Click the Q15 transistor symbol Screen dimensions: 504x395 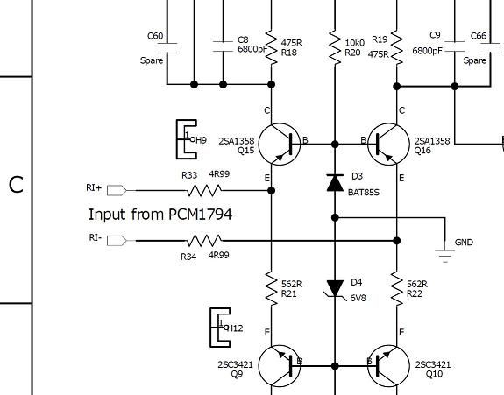pyautogui.click(x=280, y=145)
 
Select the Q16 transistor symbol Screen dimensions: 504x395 pyautogui.click(x=388, y=145)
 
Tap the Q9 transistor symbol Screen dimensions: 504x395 pyautogui.click(x=280, y=366)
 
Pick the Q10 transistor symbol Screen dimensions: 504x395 pyautogui.click(x=388, y=366)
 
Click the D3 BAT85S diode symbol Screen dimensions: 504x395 pyautogui.click(x=335, y=183)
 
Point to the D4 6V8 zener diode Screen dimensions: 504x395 pyautogui.click(x=335, y=288)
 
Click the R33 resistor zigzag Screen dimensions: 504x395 pyautogui.click(x=204, y=190)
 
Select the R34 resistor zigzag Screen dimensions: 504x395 pyautogui.click(x=204, y=241)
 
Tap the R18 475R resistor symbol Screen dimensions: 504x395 pyautogui.click(x=272, y=48)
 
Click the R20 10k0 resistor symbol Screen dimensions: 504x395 pyautogui.click(x=335, y=48)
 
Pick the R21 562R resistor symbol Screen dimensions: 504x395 pyautogui.click(x=272, y=289)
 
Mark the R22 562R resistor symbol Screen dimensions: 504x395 pyautogui.click(x=397, y=289)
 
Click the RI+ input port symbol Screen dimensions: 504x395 pyautogui.click(x=117, y=190)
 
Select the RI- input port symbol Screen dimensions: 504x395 pyautogui.click(x=117, y=241)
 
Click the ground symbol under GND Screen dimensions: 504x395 pyautogui.click(x=445, y=256)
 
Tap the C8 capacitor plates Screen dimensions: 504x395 pyautogui.click(x=223, y=46)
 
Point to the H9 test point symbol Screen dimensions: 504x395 pyautogui.click(x=187, y=139)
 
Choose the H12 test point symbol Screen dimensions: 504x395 pyautogui.click(x=221, y=328)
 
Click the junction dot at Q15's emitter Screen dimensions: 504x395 pyautogui.click(x=272, y=191)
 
